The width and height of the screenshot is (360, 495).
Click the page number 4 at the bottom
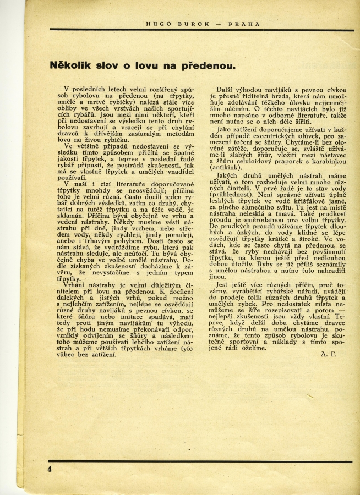tap(50, 469)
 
